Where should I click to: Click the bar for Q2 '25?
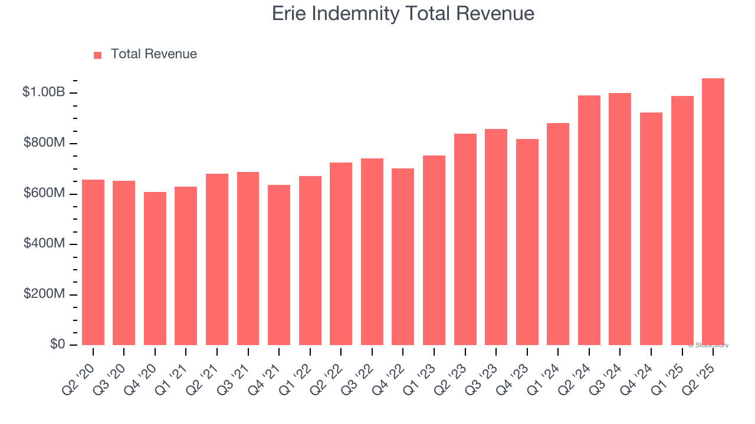pos(713,212)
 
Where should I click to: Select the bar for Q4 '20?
pos(155,269)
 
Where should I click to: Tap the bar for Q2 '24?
pos(589,220)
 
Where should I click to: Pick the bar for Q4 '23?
pos(527,242)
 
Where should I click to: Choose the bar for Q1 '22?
pos(310,260)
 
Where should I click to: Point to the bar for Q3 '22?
pos(372,251)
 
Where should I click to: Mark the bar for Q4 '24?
pos(651,228)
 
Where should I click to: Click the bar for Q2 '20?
pos(93,262)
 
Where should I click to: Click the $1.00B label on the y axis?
pos(44,92)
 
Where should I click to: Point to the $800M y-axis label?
pos(44,143)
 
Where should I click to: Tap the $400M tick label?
pos(44,243)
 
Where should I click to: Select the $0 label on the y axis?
pos(57,344)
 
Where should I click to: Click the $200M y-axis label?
pos(44,294)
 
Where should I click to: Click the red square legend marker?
pos(98,55)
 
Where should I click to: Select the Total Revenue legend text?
pos(154,54)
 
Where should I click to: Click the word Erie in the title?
pos(288,14)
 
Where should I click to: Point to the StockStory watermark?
pos(708,345)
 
